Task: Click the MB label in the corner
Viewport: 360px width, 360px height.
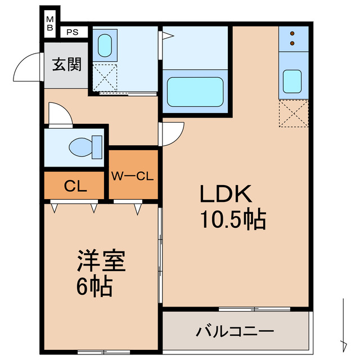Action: click(x=50, y=24)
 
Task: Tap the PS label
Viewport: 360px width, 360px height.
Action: click(x=72, y=32)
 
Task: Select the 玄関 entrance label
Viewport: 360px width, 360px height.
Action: click(x=66, y=65)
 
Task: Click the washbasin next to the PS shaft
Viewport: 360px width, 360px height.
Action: click(x=105, y=46)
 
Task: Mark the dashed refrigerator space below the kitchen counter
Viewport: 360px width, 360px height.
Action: click(x=294, y=114)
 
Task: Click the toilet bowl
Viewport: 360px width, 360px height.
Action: click(x=84, y=147)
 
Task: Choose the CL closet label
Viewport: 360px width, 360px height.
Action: click(x=75, y=186)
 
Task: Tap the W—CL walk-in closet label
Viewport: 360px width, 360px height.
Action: click(x=133, y=175)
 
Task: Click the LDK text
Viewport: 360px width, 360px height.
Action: click(x=225, y=194)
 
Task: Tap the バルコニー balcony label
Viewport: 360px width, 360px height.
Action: click(x=235, y=331)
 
